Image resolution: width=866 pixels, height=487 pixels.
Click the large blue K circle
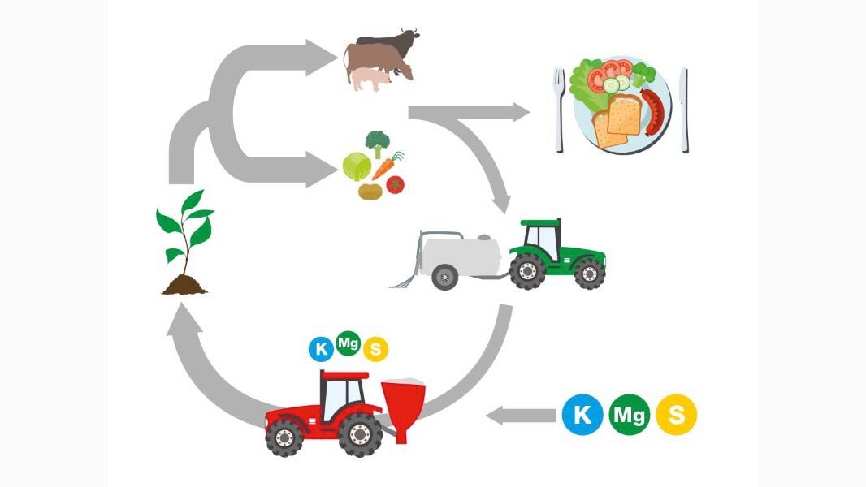click(583, 415)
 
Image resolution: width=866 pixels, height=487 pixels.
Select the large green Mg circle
click(630, 415)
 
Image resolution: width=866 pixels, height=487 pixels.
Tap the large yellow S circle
click(676, 415)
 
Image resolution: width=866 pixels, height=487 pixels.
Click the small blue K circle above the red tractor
click(321, 350)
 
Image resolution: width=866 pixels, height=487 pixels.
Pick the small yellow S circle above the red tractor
click(375, 350)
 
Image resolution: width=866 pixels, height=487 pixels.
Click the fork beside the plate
click(559, 109)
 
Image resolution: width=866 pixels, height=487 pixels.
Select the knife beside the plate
click(684, 109)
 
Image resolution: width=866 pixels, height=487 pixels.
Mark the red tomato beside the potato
click(396, 185)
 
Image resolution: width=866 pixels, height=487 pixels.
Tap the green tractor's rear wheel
click(528, 269)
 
